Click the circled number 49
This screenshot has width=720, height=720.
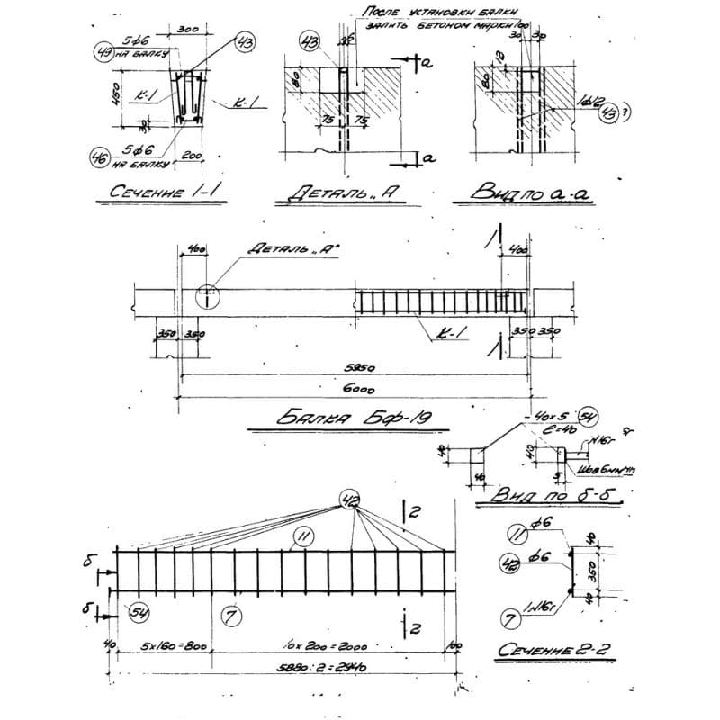(x=103, y=52)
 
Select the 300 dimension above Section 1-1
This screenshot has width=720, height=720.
(x=189, y=29)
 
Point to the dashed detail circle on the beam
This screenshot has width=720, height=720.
(x=207, y=293)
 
